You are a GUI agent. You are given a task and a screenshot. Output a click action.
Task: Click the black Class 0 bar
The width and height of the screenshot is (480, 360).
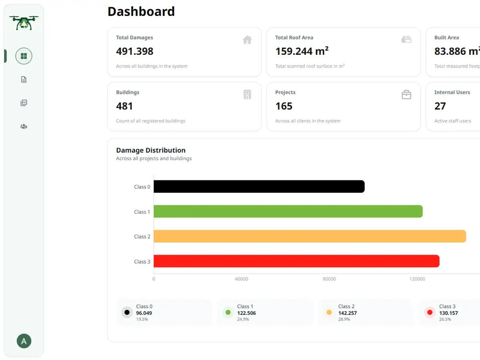tap(259, 186)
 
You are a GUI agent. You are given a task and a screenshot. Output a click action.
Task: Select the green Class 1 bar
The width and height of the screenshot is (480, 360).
tap(288, 211)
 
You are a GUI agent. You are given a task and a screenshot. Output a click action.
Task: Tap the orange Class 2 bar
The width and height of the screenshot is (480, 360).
tap(310, 236)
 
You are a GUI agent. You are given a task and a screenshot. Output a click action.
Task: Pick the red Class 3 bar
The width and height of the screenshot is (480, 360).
tap(296, 261)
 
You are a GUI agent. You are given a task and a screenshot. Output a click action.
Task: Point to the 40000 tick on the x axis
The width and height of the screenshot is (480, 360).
tap(242, 279)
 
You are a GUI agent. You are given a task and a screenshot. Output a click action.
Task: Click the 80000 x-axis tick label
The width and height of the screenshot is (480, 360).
tap(329, 279)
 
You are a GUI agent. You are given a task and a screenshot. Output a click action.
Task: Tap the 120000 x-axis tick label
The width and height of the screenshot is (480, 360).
tap(417, 279)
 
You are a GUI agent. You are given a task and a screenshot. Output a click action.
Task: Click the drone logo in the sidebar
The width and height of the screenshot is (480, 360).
tap(24, 23)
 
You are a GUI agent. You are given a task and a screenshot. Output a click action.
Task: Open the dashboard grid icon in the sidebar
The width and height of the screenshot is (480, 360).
tap(24, 56)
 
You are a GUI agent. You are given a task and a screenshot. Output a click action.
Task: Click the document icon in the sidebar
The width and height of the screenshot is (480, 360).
tap(24, 79)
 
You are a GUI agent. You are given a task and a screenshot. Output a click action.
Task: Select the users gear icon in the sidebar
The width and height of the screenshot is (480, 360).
tap(24, 126)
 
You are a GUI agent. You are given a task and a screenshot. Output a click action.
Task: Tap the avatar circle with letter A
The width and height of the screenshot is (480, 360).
tap(24, 341)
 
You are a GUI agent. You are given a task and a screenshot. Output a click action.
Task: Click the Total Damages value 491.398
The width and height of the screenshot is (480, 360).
tap(135, 51)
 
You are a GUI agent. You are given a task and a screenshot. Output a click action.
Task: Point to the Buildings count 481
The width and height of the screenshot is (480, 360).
tap(124, 106)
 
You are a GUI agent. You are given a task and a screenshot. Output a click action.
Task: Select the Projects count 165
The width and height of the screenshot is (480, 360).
tap(284, 106)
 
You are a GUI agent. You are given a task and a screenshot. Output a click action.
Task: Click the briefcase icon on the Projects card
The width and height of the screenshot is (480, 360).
tap(406, 95)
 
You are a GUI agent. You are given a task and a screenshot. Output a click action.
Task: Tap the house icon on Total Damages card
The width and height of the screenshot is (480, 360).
tap(247, 40)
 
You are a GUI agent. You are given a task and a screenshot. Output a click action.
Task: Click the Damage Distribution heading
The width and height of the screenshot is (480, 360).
tap(151, 150)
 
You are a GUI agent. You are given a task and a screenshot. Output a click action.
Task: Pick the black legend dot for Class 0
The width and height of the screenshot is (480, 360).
tap(127, 312)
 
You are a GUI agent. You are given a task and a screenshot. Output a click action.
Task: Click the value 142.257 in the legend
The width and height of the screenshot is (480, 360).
tap(348, 313)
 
